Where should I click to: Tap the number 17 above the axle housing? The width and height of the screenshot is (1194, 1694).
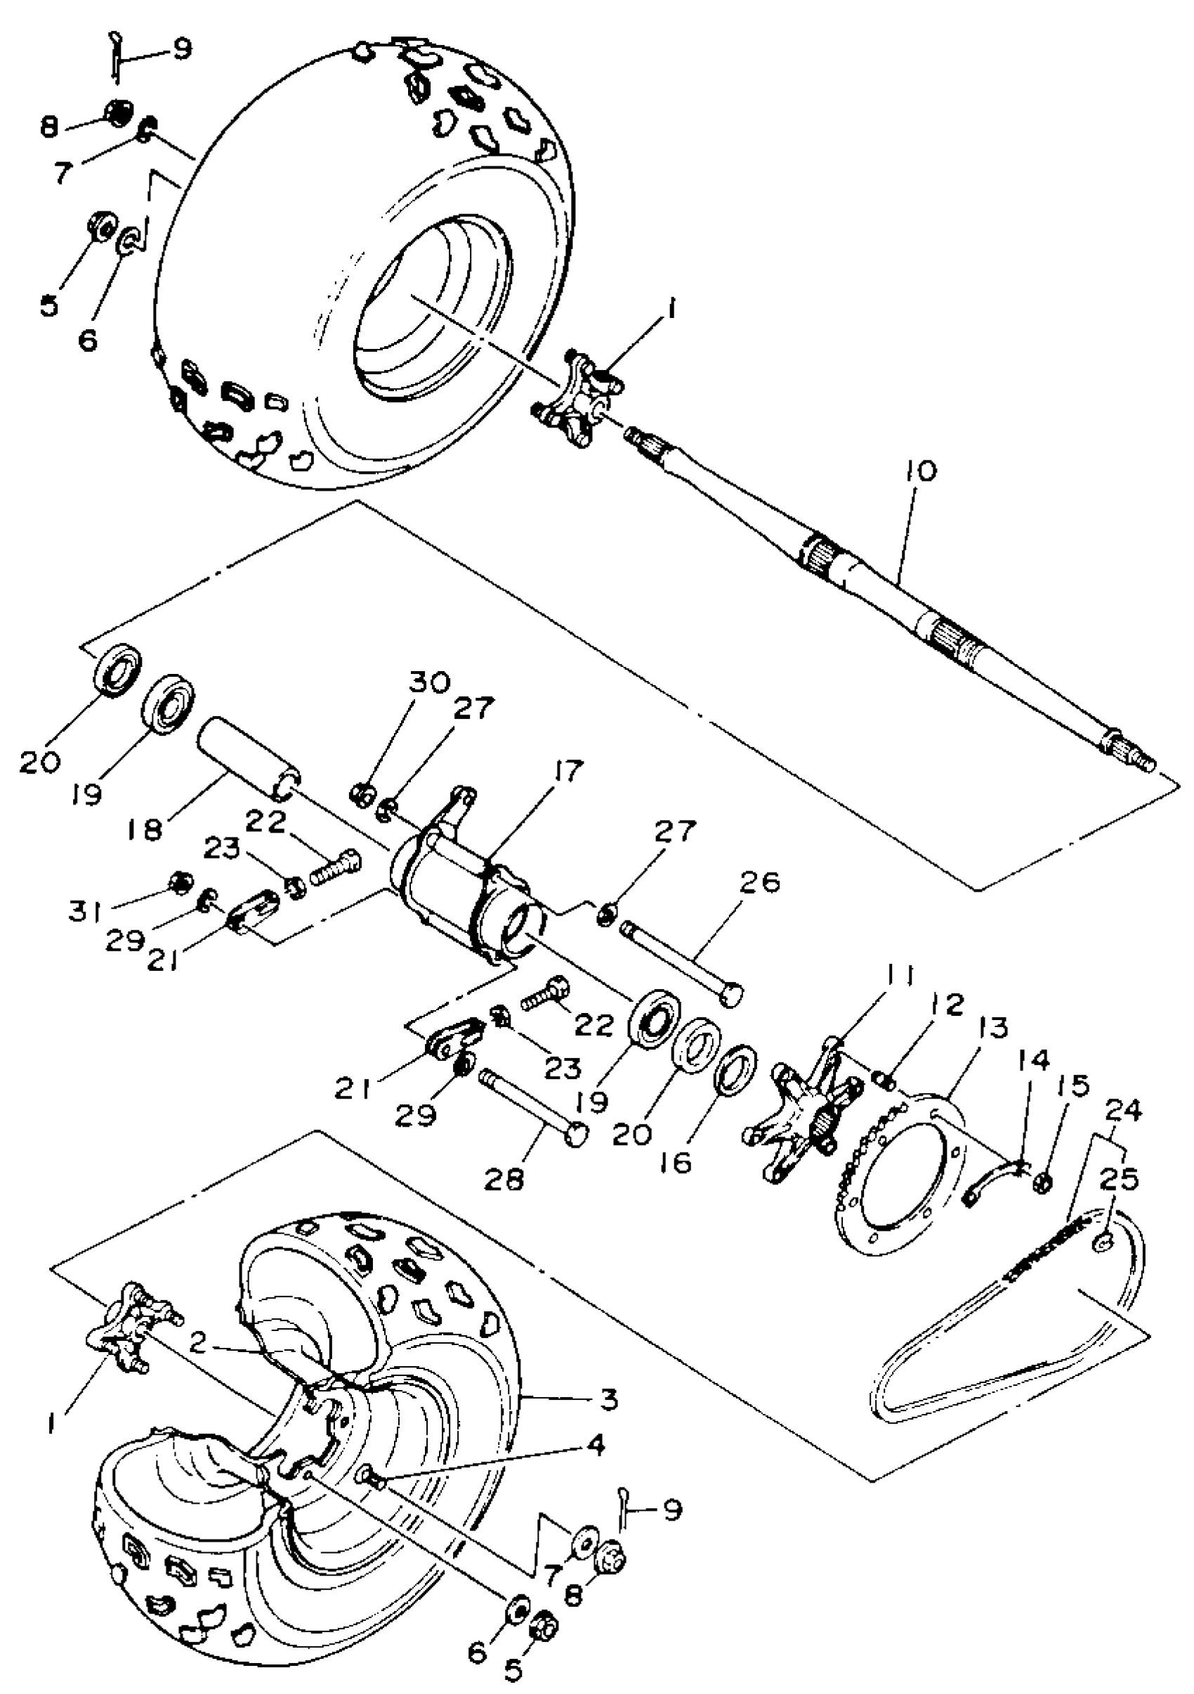point(566,772)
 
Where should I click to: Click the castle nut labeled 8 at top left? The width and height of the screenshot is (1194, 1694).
point(117,114)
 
